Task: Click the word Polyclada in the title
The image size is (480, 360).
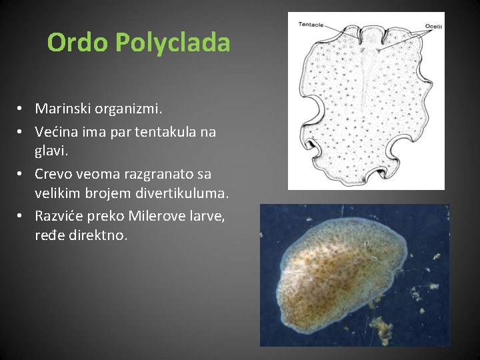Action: (172, 43)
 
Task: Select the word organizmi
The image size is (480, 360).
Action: (132, 108)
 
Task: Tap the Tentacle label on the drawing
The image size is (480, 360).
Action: (311, 25)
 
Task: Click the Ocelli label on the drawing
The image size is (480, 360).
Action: (433, 27)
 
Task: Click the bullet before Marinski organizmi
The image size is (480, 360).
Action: (22, 108)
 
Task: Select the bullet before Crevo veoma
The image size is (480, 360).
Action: (22, 174)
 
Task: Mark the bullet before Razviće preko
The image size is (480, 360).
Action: (22, 216)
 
